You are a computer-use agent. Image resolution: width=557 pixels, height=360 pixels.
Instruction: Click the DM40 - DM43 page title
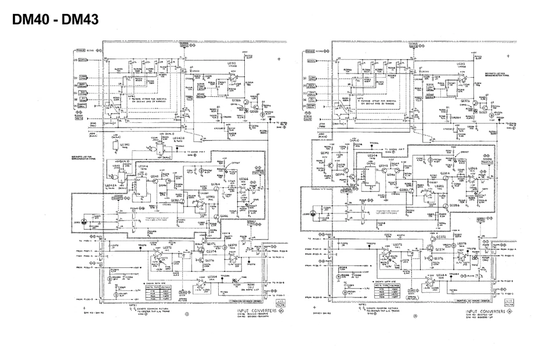pos(55,19)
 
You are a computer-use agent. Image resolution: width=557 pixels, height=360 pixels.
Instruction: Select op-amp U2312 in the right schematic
pos(461,81)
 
